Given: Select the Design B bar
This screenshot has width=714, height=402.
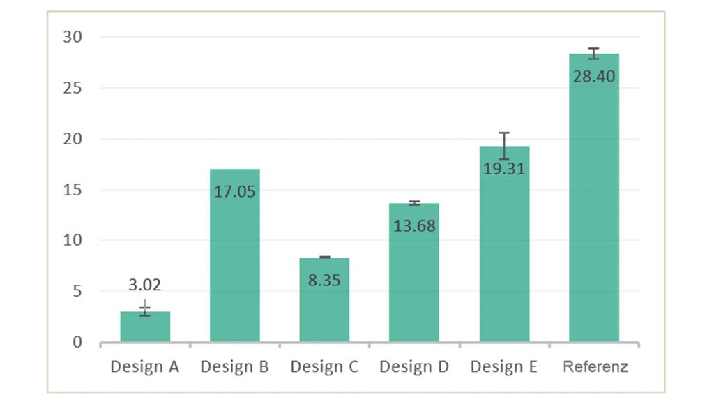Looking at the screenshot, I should [x=235, y=265].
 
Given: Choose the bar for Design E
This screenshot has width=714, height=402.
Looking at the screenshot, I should [x=504, y=258].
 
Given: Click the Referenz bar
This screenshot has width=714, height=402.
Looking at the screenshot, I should [x=594, y=209].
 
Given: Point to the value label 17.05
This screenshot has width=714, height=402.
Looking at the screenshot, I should [x=235, y=191].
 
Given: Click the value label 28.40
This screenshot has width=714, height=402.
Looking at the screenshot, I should [x=594, y=76].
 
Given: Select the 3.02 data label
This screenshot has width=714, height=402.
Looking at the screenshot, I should [x=145, y=285].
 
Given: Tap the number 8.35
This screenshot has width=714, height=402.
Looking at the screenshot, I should [x=324, y=281].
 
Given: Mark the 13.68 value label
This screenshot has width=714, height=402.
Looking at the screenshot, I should [x=414, y=225].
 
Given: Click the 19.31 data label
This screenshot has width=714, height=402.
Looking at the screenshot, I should [x=504, y=168].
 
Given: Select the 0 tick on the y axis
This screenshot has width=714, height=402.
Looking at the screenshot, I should [x=77, y=342].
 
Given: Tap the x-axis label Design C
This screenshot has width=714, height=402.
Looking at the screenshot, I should [x=324, y=366].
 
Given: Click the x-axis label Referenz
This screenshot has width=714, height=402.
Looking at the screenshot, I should [x=595, y=366].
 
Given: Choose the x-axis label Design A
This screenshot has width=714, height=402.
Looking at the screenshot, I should [x=145, y=366].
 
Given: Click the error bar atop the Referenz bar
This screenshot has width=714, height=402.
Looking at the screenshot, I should [x=594, y=53].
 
